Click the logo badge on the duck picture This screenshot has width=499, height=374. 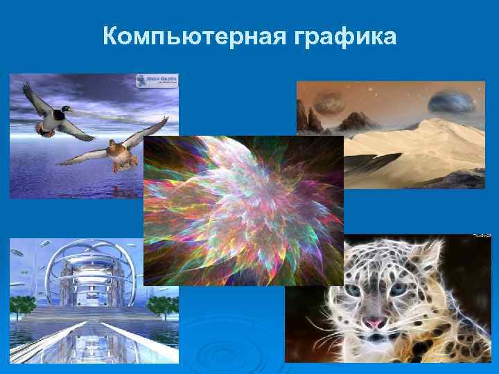pos(157,81)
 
